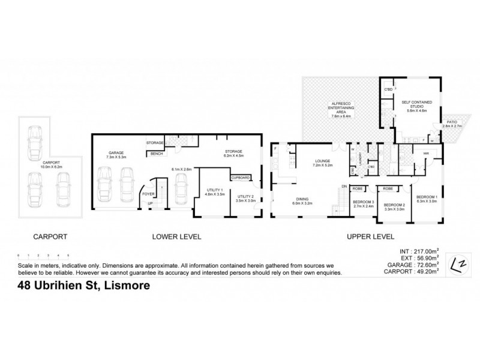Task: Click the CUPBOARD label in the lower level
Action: click(x=242, y=178)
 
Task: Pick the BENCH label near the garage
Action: click(x=157, y=154)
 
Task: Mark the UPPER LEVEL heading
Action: click(x=370, y=237)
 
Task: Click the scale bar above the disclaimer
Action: click(x=43, y=257)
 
